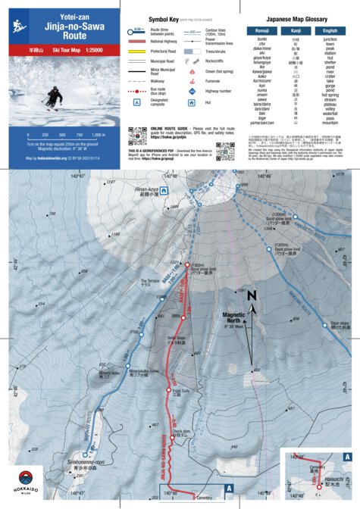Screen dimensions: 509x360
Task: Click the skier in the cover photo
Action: click(x=54, y=97)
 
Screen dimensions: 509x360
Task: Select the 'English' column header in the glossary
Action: click(x=329, y=30)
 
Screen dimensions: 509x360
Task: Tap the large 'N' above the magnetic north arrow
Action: click(x=252, y=296)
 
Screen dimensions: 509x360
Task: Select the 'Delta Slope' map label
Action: click(x=177, y=339)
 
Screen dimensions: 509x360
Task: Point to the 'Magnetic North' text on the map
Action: click(x=255, y=317)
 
